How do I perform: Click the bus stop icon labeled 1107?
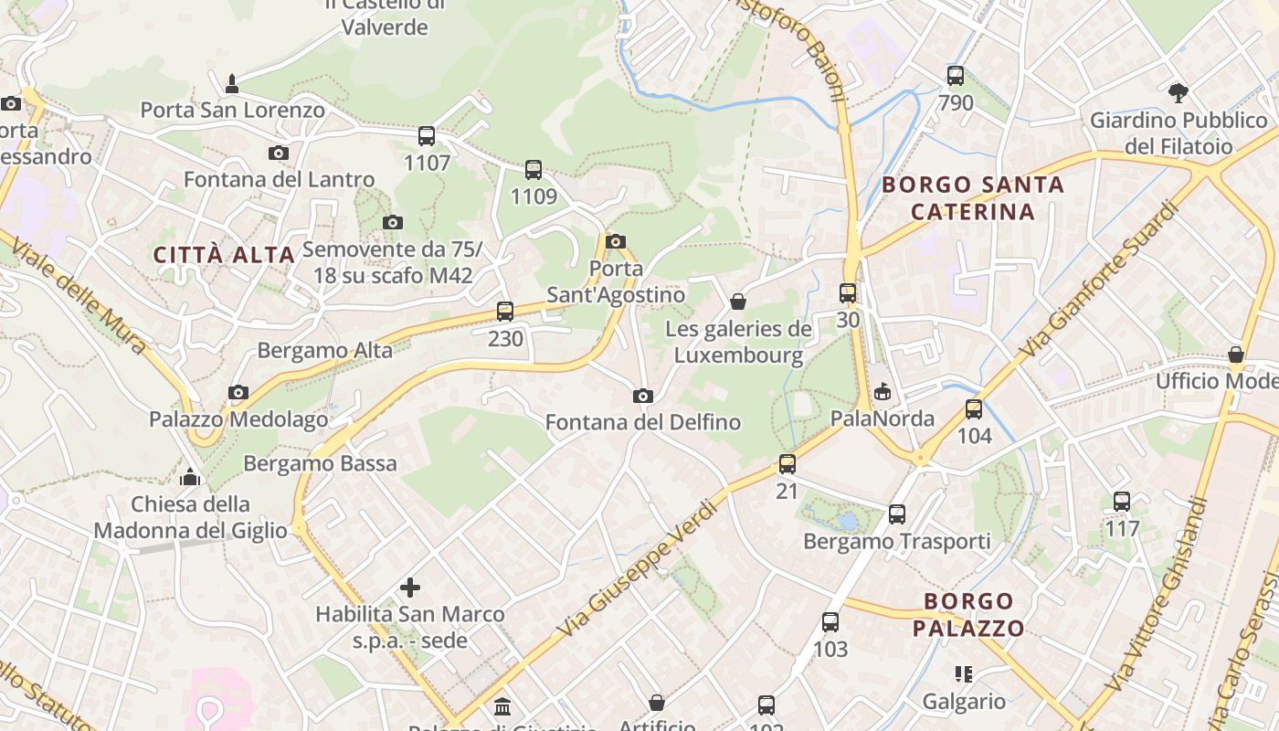point(427,136)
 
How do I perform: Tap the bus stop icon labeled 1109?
point(534,169)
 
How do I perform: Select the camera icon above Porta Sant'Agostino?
point(616,241)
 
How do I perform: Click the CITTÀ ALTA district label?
point(224,255)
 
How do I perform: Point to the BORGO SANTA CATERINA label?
point(973,198)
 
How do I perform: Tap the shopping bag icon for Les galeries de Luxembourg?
point(738,302)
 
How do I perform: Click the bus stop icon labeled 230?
point(505,312)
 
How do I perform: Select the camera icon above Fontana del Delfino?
point(643,396)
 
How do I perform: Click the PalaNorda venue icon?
point(883,392)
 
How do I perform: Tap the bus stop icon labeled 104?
point(974,408)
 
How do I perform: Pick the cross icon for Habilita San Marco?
point(410,588)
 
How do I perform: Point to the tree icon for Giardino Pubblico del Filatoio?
point(1179,92)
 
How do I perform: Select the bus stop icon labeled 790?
point(956,76)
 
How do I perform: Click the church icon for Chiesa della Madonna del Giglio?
point(190,477)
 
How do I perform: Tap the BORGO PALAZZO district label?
point(968,614)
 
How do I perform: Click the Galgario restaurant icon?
point(964,674)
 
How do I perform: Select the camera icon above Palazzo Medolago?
point(238,392)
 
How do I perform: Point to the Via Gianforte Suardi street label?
point(1100,280)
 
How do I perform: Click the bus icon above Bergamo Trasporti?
point(897,514)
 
